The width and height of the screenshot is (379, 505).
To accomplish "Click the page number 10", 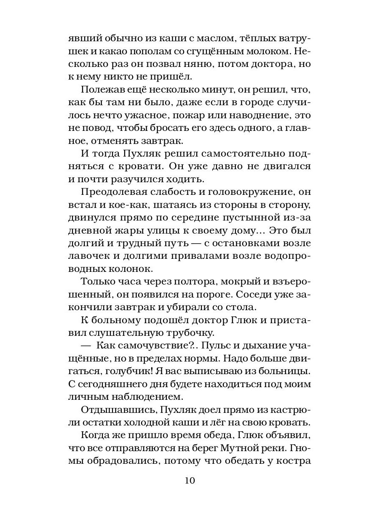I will click(x=189, y=481).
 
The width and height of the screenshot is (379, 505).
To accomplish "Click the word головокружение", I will click(x=240, y=192).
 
